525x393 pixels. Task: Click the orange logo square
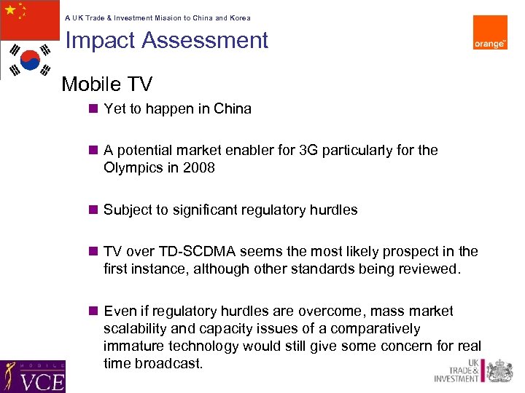coord(490,33)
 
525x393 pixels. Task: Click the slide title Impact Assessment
coord(167,40)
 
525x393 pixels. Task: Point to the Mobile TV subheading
coord(106,84)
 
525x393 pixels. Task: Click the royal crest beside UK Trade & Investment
coord(499,370)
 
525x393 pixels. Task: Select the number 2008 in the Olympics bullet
coord(199,167)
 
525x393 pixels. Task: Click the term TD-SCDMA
coord(193,251)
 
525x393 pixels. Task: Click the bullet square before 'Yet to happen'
coord(93,108)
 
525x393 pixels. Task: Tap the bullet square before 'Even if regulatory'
coord(93,311)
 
